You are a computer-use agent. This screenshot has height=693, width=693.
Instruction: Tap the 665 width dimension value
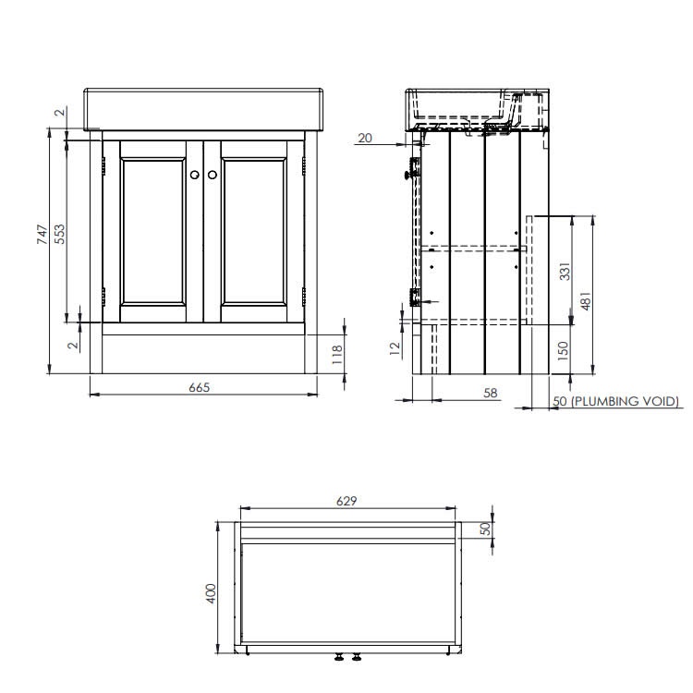pyautogui.click(x=201, y=387)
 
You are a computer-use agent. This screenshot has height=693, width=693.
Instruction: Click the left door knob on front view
pyautogui.click(x=196, y=175)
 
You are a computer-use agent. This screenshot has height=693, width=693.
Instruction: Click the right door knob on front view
pyautogui.click(x=212, y=175)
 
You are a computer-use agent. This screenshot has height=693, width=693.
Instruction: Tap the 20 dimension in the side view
pyautogui.click(x=364, y=138)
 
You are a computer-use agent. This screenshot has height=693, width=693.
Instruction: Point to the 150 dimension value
pyautogui.click(x=565, y=350)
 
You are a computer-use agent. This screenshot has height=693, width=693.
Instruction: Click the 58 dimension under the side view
pyautogui.click(x=490, y=393)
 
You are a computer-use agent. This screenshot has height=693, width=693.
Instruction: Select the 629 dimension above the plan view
pyautogui.click(x=347, y=501)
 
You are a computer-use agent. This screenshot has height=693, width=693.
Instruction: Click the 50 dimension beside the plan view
pyautogui.click(x=483, y=529)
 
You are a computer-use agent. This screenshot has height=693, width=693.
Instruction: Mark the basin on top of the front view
pyautogui.click(x=204, y=109)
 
